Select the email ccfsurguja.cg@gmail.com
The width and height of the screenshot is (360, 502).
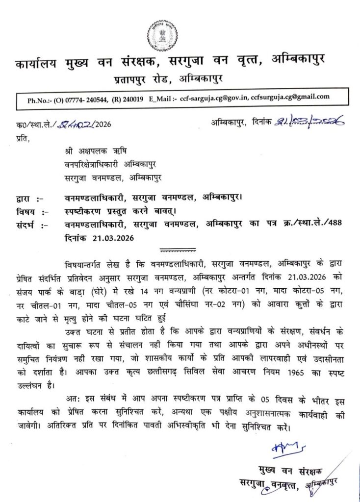pos(290,98)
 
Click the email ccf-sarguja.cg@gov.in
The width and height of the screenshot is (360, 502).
pos(214,98)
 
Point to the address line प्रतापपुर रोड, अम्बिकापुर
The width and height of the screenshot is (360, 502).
pos(169,78)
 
